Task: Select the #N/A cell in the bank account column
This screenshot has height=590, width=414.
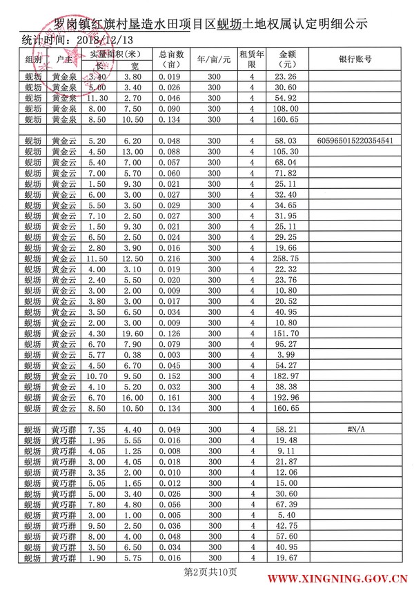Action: pyautogui.click(x=355, y=429)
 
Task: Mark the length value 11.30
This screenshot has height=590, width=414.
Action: pyautogui.click(x=97, y=99)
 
